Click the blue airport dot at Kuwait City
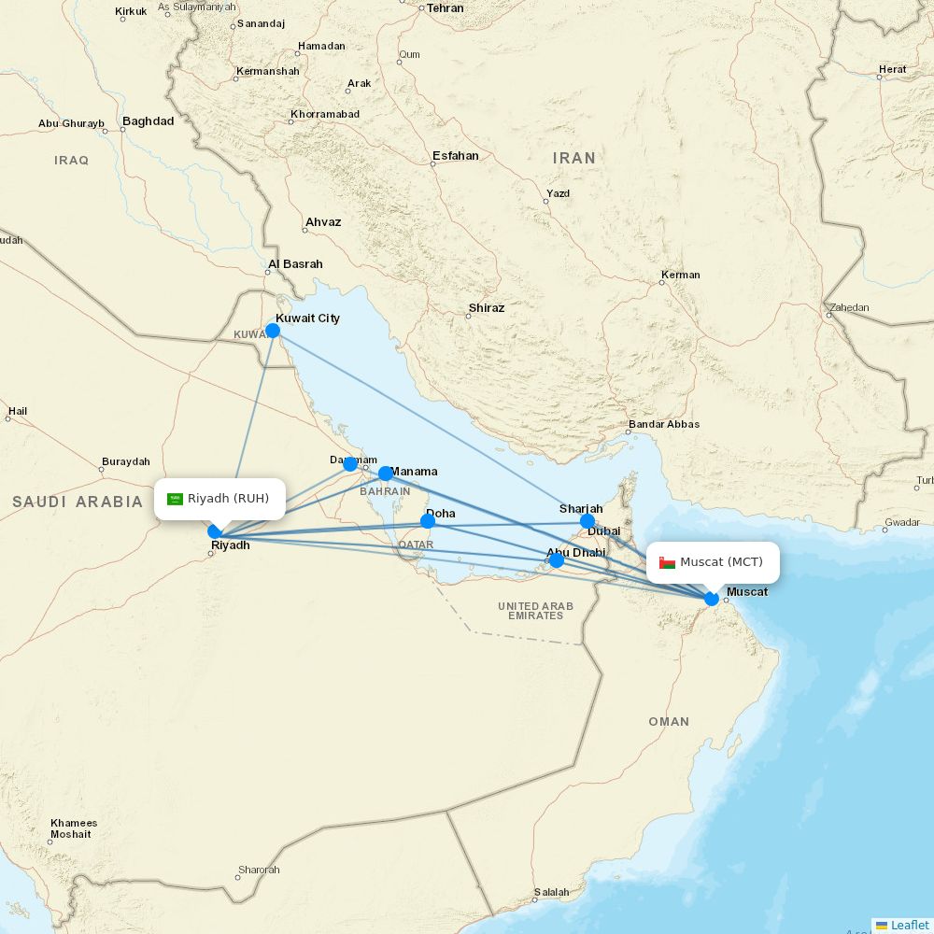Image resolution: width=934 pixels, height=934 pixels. pyautogui.click(x=273, y=330)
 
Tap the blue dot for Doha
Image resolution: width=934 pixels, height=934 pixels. pyautogui.click(x=428, y=520)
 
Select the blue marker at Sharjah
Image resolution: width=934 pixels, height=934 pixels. pyautogui.click(x=587, y=521)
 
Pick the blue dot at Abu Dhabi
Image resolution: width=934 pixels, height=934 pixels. pyautogui.click(x=556, y=560)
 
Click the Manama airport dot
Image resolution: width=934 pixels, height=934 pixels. pyautogui.click(x=385, y=474)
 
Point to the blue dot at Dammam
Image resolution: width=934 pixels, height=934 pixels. pyautogui.click(x=350, y=464)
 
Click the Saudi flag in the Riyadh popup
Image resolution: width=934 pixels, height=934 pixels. pyautogui.click(x=175, y=499)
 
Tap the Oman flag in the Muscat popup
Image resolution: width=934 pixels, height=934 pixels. pyautogui.click(x=667, y=562)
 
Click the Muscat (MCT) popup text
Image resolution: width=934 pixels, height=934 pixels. pyautogui.click(x=721, y=561)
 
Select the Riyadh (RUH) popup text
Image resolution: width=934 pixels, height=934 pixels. pyautogui.click(x=228, y=498)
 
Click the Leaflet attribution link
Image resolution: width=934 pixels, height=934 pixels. pyautogui.click(x=909, y=925)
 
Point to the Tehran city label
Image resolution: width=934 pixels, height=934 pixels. pyautogui.click(x=445, y=7)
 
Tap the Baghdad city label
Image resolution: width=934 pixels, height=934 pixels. pyautogui.click(x=148, y=121)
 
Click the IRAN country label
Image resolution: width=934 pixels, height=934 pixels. pyautogui.click(x=573, y=159)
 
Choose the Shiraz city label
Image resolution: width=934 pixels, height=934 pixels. pyautogui.click(x=486, y=308)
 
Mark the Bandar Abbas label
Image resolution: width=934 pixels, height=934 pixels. pyautogui.click(x=664, y=424)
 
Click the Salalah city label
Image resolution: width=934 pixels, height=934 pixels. pyautogui.click(x=551, y=892)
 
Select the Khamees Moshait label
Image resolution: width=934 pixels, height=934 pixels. pyautogui.click(x=74, y=828)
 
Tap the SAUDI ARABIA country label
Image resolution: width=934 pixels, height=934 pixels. pyautogui.click(x=78, y=502)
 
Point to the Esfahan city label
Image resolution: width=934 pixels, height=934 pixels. pyautogui.click(x=456, y=156)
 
